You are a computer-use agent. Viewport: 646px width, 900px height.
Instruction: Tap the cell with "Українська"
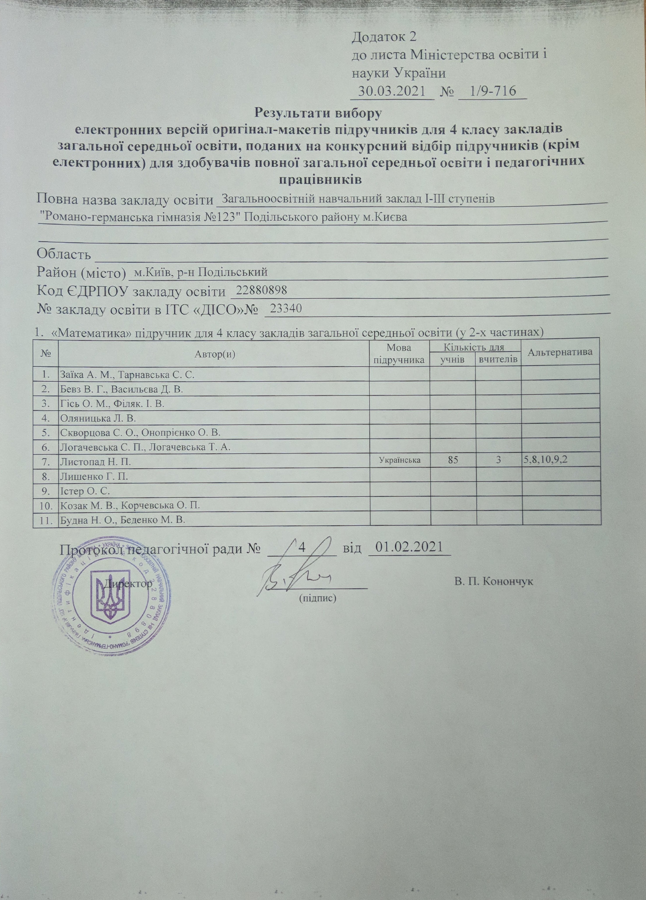[x=400, y=461]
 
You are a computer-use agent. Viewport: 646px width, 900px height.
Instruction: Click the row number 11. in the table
[x=46, y=520]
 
